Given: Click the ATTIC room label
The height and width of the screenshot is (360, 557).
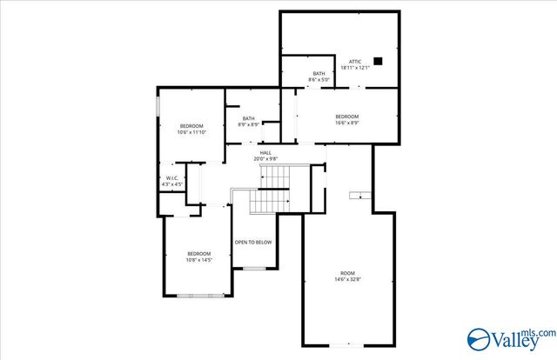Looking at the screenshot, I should tap(355, 61).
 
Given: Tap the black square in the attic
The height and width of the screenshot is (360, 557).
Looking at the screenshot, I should tap(378, 61).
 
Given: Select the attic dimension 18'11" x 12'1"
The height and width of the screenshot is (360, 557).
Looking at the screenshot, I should tap(355, 67).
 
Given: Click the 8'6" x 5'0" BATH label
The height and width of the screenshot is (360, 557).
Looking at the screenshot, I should tap(319, 77).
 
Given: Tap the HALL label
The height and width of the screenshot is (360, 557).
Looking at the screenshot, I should tap(265, 152).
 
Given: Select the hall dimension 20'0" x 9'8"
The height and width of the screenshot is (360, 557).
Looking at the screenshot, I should tap(265, 158).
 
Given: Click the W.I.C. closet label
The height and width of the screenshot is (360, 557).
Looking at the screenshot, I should tap(172, 177).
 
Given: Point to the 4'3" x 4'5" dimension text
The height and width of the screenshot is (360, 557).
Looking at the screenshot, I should tap(172, 183).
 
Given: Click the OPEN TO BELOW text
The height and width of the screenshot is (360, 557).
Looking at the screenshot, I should tap(252, 243).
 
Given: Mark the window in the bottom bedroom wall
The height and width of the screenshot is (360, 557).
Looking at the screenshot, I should tap(199, 296).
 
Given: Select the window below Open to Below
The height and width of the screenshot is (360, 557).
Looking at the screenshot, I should tap(253, 268).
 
